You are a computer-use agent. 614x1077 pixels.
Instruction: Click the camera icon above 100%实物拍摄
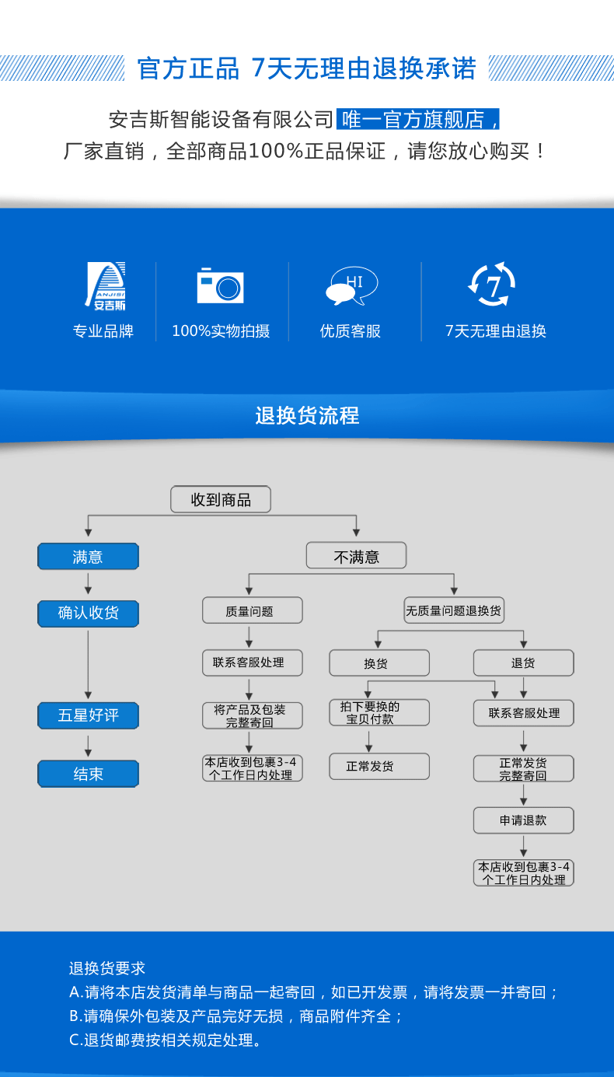click(220, 285)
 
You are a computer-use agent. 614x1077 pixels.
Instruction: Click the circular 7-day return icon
click(493, 285)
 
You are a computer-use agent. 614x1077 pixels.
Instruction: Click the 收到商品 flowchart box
click(221, 500)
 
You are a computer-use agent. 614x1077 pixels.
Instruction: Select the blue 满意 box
click(88, 557)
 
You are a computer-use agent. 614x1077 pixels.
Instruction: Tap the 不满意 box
click(356, 556)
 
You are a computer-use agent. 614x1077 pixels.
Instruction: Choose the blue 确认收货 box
click(88, 613)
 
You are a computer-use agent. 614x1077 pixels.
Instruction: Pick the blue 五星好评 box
click(88, 715)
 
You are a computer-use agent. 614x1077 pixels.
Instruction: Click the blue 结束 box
click(88, 774)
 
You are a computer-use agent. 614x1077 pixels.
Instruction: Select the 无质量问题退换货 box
click(454, 611)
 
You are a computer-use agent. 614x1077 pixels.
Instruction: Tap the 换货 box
click(379, 663)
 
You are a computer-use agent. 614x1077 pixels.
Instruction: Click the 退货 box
click(523, 663)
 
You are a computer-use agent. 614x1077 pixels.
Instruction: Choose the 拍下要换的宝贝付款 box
click(379, 713)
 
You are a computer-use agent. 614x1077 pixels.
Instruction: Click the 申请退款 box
click(523, 820)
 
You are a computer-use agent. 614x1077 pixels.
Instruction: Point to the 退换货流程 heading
click(307, 415)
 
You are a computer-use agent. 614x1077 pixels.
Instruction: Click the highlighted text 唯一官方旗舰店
click(418, 120)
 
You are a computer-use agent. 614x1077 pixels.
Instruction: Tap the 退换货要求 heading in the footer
click(107, 968)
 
